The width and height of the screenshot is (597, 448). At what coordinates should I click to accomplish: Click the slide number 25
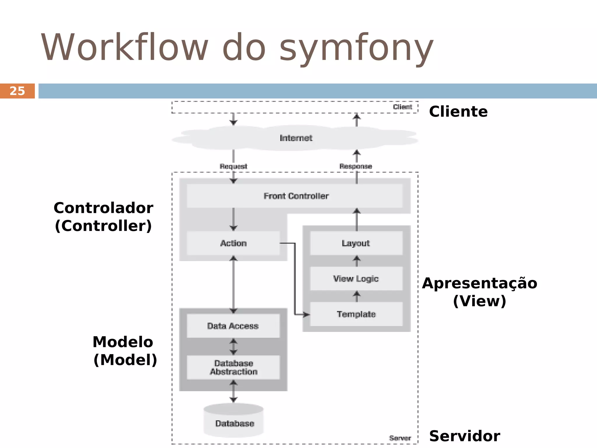(17, 91)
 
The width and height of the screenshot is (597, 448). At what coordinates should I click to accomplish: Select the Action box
(233, 243)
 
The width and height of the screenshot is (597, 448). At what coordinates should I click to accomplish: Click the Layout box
(356, 243)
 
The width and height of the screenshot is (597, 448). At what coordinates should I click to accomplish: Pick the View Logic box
(356, 279)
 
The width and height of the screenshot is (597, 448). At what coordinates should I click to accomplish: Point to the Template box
(356, 314)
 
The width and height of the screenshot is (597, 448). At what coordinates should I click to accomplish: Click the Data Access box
(233, 326)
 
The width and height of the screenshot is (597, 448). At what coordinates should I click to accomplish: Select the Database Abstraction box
(233, 367)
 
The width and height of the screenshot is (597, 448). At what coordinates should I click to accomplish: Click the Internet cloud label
(296, 138)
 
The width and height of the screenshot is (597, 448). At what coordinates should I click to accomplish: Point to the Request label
(233, 166)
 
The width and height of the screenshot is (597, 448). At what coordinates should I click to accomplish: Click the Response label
(356, 166)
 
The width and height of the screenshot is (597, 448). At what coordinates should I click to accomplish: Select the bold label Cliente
(458, 111)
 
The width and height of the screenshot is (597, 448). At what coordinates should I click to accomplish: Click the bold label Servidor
(465, 436)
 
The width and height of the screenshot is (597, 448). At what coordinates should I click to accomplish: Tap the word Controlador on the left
(103, 208)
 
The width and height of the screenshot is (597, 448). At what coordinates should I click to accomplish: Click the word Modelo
(123, 342)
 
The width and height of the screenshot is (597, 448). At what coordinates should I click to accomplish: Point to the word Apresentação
(480, 283)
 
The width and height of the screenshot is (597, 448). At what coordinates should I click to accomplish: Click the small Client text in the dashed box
(402, 107)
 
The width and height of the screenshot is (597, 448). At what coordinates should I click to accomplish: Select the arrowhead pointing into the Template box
(306, 314)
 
